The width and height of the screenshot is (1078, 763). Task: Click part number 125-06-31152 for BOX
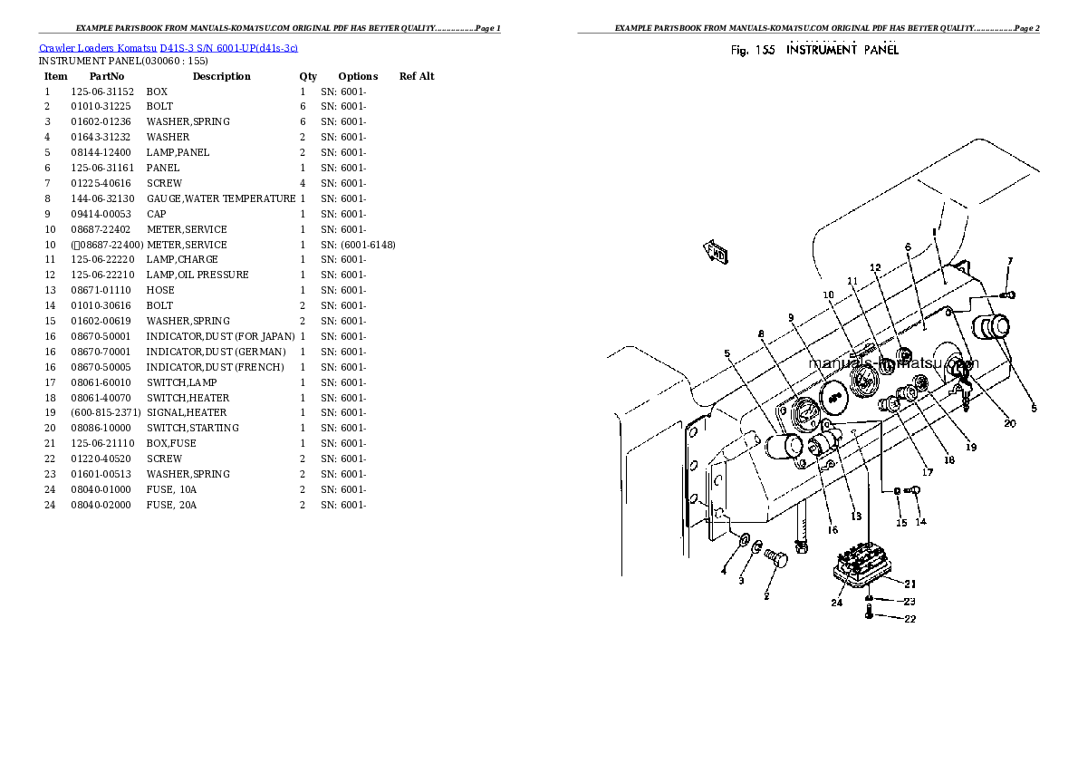102,92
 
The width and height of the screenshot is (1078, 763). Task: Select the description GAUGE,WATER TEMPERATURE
221,198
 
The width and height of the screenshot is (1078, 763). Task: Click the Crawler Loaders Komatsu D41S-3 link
168,47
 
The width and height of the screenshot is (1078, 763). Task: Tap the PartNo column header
106,76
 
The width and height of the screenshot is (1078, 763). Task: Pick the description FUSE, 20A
171,505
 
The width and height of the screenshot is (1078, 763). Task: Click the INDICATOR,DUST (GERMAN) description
216,352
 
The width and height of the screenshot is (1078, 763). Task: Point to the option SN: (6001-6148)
358,245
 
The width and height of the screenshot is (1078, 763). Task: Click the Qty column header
308,76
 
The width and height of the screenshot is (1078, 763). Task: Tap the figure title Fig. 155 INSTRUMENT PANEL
814,51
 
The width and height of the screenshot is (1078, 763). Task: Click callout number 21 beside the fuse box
910,584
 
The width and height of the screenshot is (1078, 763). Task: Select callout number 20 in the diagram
1009,423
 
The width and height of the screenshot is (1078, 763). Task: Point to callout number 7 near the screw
1010,261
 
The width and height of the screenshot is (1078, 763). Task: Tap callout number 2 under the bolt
766,596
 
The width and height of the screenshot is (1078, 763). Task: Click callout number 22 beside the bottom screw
910,619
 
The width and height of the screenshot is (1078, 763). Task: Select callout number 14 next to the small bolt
919,522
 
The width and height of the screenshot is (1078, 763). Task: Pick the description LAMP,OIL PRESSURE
197,275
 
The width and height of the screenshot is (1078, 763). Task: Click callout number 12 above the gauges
874,268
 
